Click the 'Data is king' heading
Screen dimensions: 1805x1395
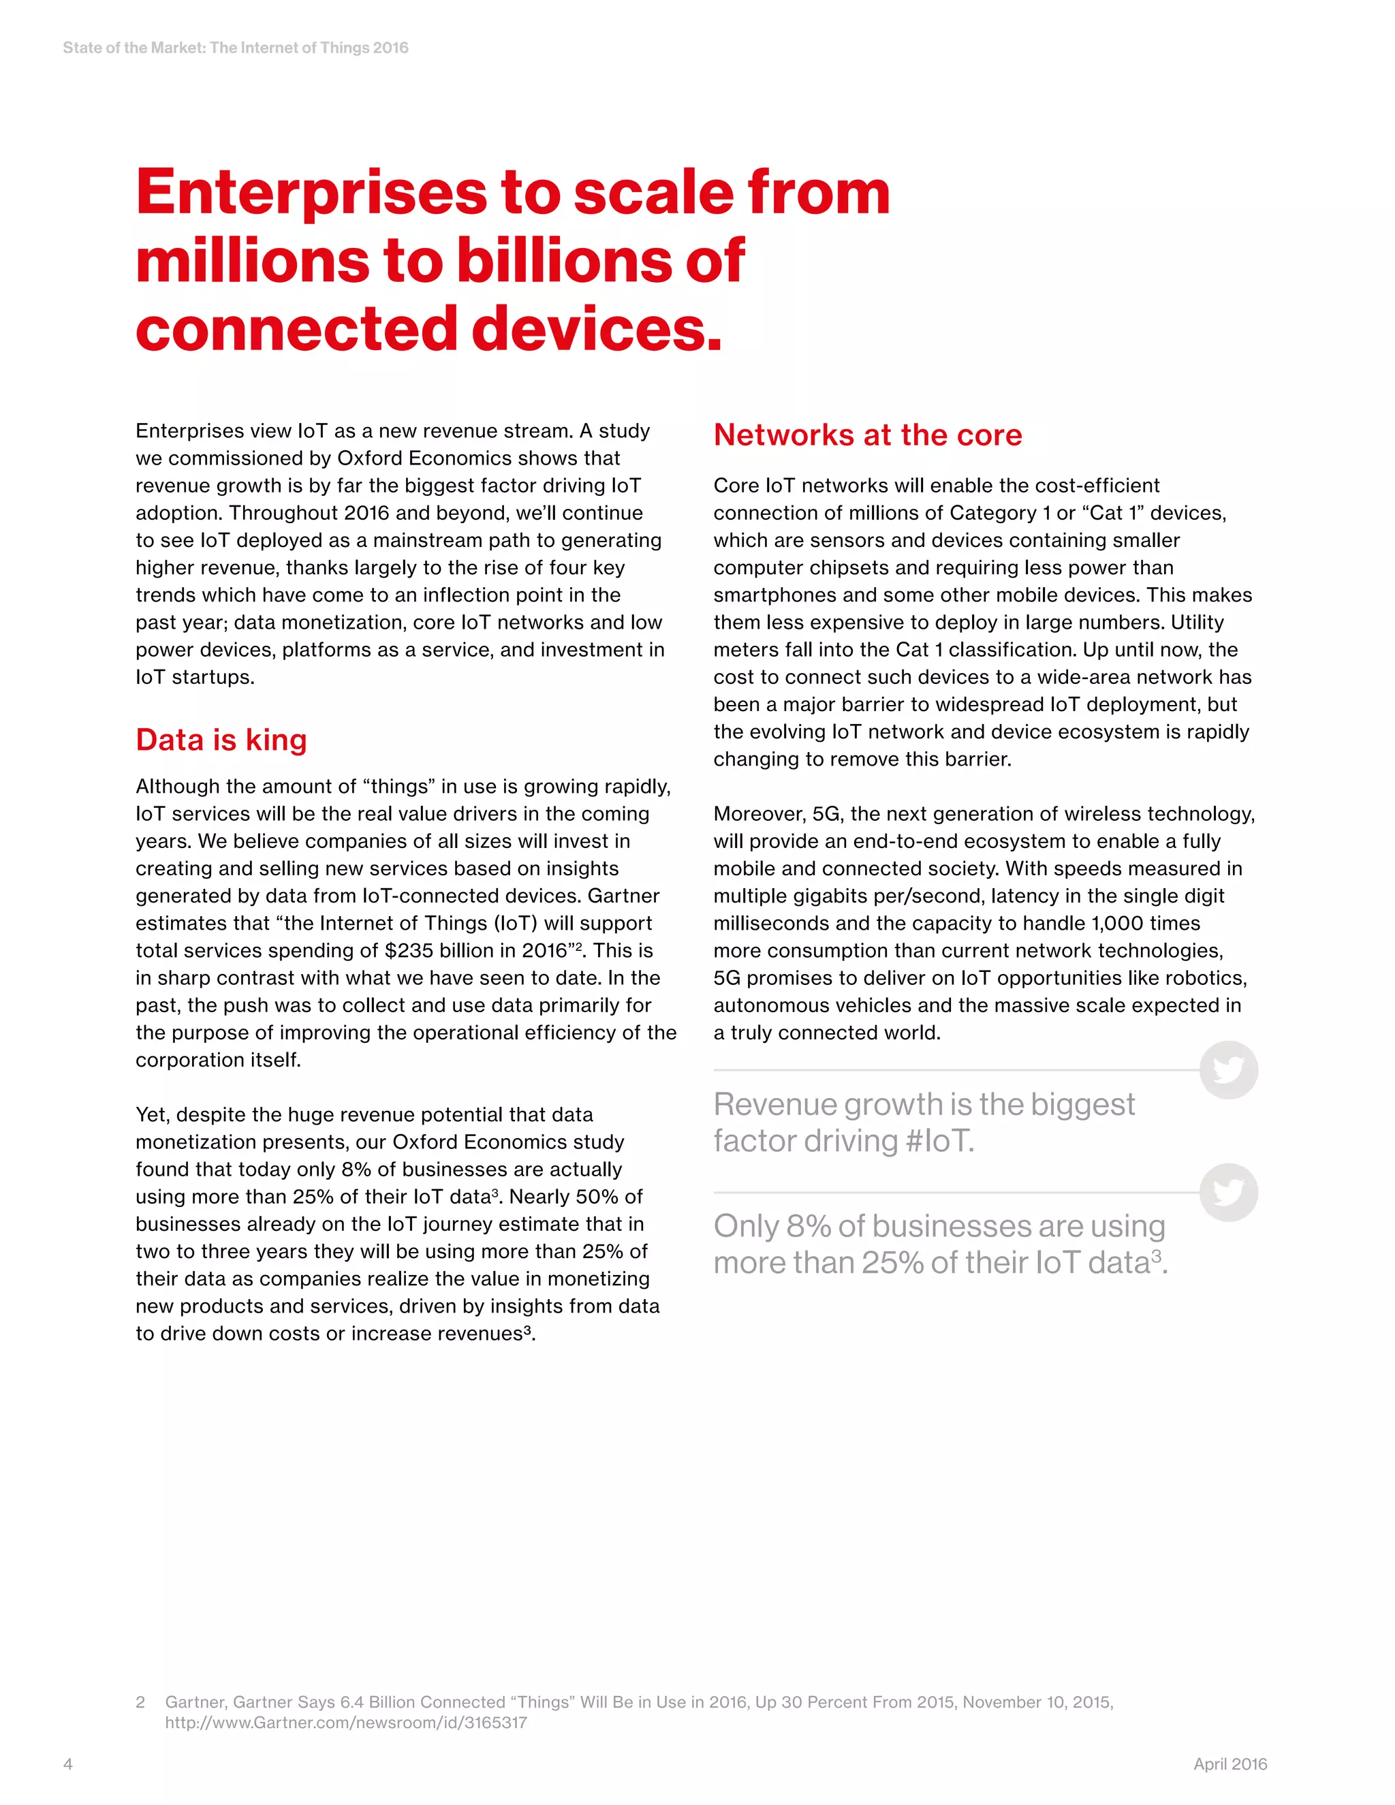[221, 740]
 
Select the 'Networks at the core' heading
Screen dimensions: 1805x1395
[868, 435]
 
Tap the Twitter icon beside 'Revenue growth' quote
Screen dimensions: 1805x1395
[1228, 1070]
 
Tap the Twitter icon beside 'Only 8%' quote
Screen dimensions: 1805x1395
[1228, 1193]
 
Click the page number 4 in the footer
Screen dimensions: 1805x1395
[67, 1763]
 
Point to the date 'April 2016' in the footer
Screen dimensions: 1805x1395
[1229, 1763]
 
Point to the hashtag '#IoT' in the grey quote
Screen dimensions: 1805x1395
[938, 1142]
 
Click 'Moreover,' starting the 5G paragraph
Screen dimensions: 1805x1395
[759, 814]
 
